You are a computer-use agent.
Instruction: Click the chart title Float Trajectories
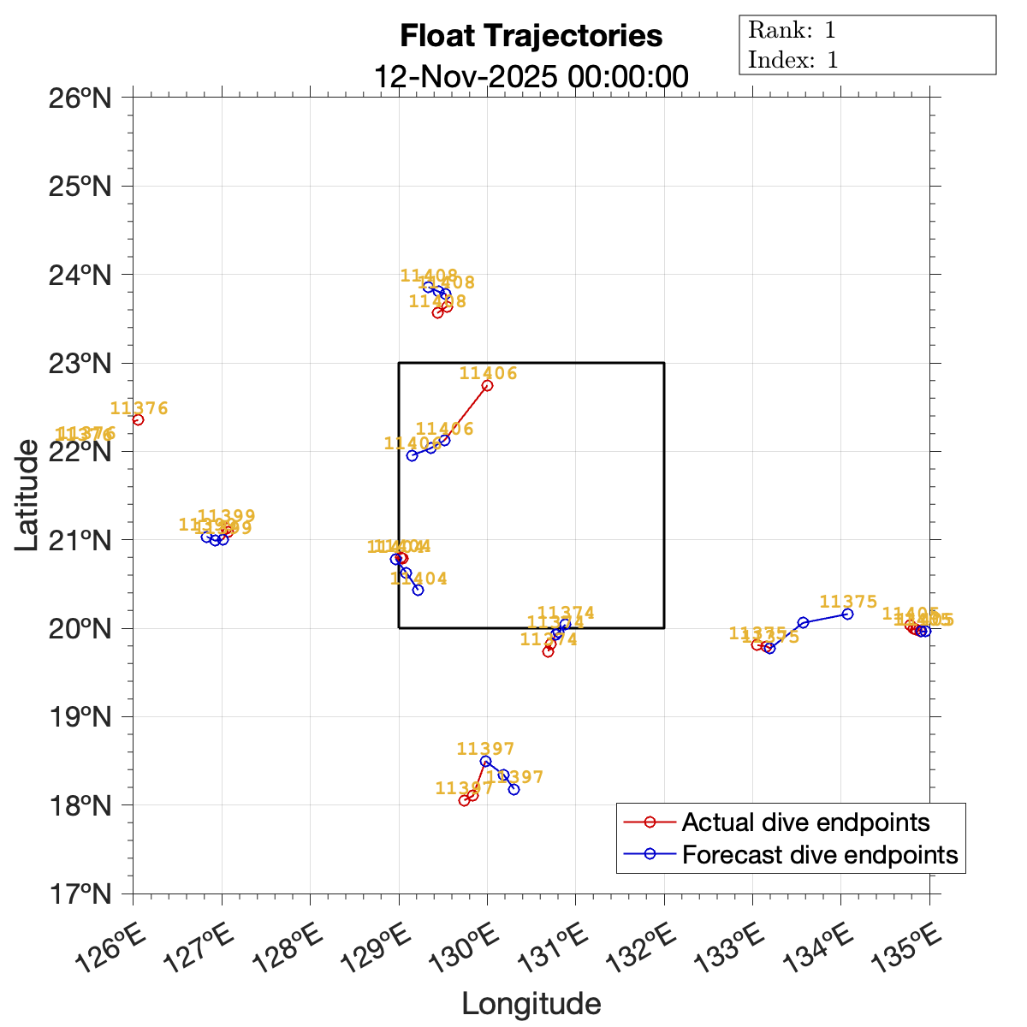coord(531,37)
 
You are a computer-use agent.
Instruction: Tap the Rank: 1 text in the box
coord(792,31)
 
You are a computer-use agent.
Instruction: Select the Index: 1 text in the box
coord(793,60)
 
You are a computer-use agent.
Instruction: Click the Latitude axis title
coord(27,495)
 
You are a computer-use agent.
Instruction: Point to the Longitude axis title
coord(531,1003)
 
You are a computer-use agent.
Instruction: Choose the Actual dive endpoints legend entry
coord(805,822)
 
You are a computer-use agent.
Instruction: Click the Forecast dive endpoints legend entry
coord(819,854)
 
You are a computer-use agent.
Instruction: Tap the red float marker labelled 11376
coord(138,419)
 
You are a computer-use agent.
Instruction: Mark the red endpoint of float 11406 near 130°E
coord(487,385)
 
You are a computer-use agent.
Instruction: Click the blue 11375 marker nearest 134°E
coord(847,614)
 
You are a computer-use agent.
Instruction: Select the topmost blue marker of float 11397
coord(485,761)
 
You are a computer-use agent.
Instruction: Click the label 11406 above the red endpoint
coord(489,372)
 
